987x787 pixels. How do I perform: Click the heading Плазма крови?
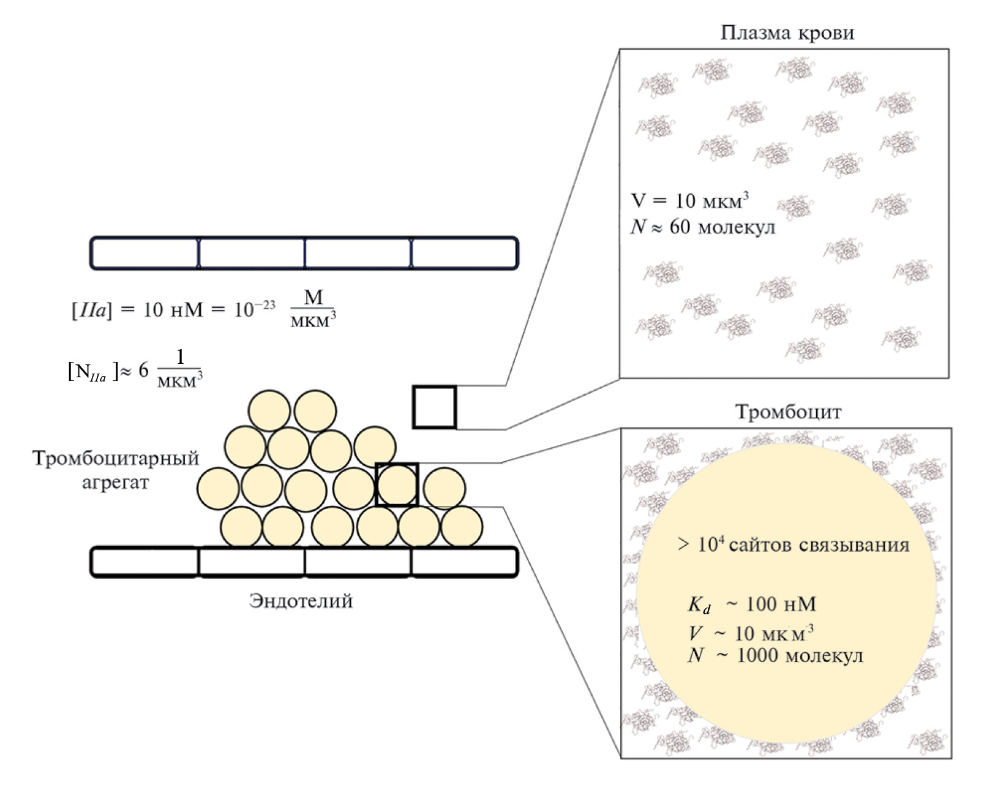click(x=787, y=32)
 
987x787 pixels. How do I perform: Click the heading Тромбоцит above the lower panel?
click(x=788, y=412)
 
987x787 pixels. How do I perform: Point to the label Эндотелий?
click(x=301, y=601)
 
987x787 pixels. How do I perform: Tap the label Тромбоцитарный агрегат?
click(x=116, y=470)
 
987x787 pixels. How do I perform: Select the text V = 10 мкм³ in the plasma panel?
click(x=690, y=201)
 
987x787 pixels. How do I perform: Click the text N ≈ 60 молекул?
click(x=703, y=227)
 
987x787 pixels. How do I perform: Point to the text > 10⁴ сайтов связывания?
click(x=793, y=544)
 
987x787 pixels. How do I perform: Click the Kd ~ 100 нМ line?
click(x=752, y=605)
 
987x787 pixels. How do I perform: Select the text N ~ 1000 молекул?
click(x=775, y=656)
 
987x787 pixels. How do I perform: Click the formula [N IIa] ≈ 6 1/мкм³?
click(x=135, y=370)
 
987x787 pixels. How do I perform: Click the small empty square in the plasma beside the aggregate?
click(x=434, y=407)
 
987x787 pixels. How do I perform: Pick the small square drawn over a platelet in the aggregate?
click(x=397, y=484)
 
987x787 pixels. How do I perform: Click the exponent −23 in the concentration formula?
click(x=263, y=304)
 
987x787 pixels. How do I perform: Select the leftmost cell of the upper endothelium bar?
click(x=145, y=253)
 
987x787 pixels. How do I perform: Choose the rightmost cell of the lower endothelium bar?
click(x=464, y=562)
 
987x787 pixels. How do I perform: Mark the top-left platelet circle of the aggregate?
click(x=269, y=411)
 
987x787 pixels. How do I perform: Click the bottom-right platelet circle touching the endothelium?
click(x=462, y=526)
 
